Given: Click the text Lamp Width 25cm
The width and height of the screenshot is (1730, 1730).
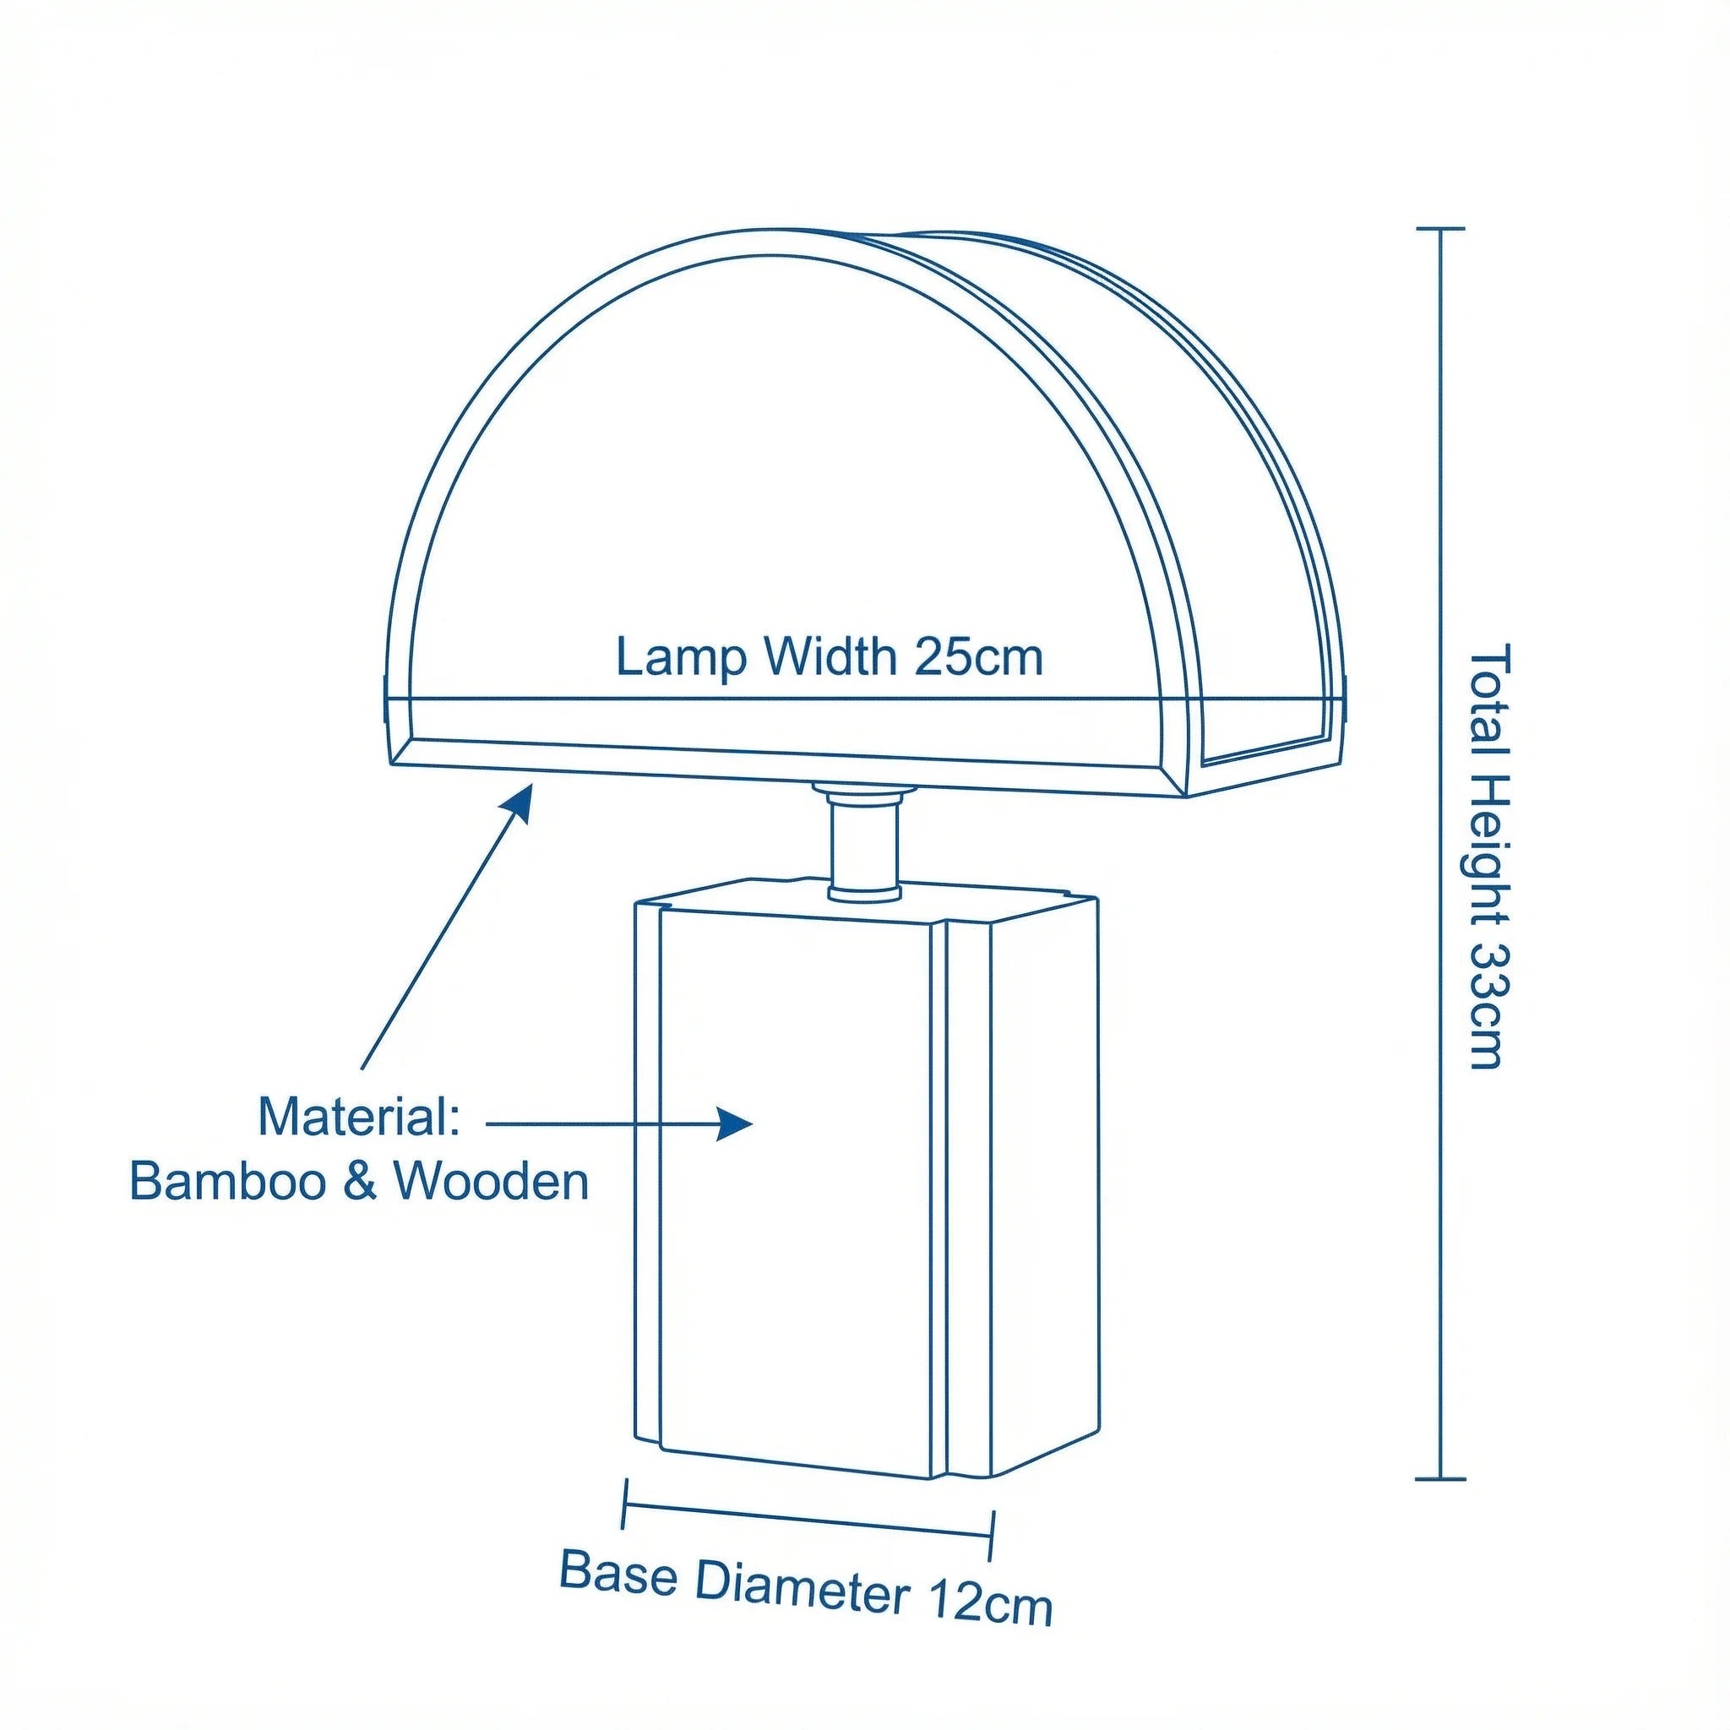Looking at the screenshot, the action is pyautogui.click(x=830, y=658).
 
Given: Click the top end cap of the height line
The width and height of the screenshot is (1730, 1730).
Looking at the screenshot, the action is pyautogui.click(x=1441, y=229).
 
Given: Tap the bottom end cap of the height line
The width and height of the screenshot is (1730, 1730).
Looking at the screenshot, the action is pyautogui.click(x=1441, y=1479).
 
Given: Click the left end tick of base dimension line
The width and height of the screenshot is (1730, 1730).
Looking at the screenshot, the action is pyautogui.click(x=625, y=1504).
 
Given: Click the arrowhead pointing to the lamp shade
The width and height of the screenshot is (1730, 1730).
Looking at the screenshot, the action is pyautogui.click(x=518, y=802).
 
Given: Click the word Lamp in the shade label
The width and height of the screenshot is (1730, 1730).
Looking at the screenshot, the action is pyautogui.click(x=681, y=660).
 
